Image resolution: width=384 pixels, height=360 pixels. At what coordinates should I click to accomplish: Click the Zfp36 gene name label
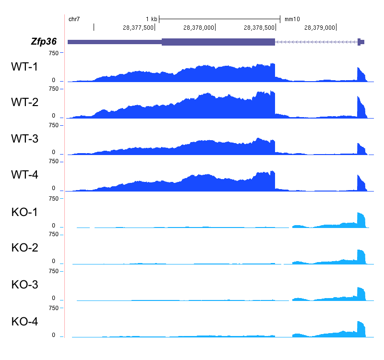[44, 42]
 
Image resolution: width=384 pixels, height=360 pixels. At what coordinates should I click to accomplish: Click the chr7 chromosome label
[74, 19]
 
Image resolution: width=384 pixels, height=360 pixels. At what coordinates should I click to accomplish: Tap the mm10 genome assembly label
[292, 19]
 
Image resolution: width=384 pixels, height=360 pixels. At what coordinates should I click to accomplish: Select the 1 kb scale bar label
[152, 19]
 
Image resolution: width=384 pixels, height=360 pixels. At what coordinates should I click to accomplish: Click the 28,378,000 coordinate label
[198, 27]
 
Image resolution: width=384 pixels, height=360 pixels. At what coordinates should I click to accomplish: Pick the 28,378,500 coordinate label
[259, 27]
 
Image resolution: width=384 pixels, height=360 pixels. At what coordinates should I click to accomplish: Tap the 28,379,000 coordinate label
[319, 27]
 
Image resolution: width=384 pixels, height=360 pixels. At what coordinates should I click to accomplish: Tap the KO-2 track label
[24, 248]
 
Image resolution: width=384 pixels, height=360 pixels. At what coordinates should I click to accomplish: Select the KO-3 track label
[24, 285]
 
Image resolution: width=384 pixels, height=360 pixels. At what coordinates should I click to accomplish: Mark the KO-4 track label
[24, 321]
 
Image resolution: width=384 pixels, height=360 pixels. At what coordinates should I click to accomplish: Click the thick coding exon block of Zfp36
[218, 42]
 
